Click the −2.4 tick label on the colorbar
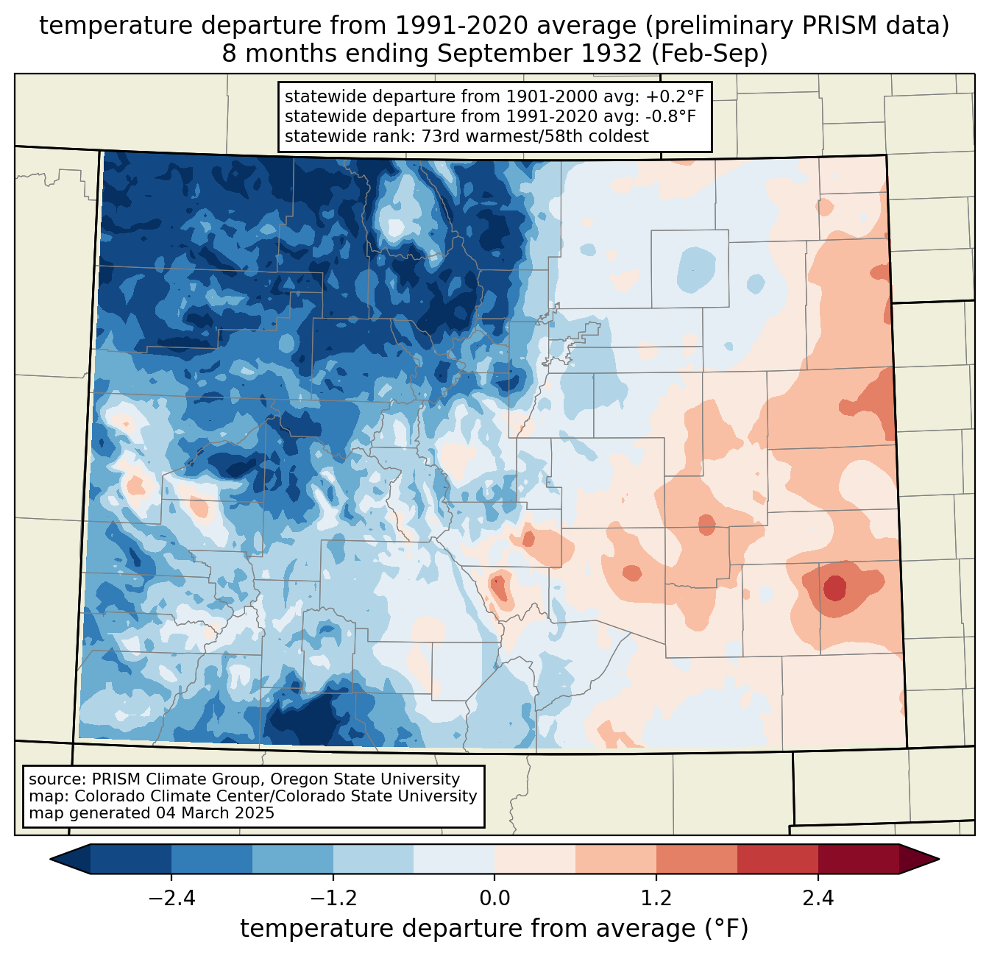coord(171,899)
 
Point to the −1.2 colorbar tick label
coord(333,899)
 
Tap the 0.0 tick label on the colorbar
coord(494,899)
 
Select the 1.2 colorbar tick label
coord(656,899)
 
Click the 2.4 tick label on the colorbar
coord(818,899)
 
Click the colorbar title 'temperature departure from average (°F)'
coord(494,929)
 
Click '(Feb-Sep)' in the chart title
coord(710,54)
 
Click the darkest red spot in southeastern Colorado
coord(834,588)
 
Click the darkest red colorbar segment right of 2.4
coord(858,859)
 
